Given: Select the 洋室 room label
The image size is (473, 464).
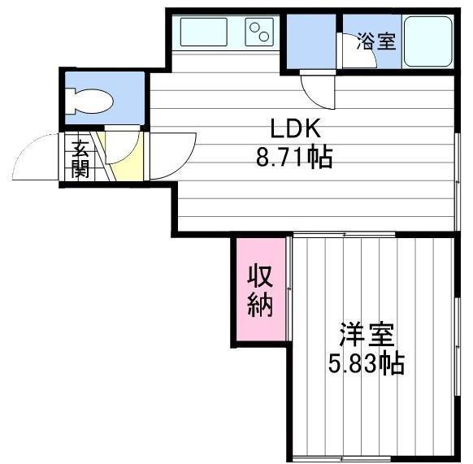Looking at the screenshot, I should tap(367, 335).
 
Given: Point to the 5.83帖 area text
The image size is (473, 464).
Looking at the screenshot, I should tap(366, 363).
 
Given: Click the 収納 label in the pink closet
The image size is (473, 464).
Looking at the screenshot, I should tap(260, 290).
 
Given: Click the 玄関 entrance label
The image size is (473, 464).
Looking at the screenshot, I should tap(80, 158).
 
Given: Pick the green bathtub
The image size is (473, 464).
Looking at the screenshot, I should tap(427, 41).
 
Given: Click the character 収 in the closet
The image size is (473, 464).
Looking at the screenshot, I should tap(260, 275).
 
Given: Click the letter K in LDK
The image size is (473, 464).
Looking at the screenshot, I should tap(314, 128).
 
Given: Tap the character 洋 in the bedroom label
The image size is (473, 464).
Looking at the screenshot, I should tap(352, 335).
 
